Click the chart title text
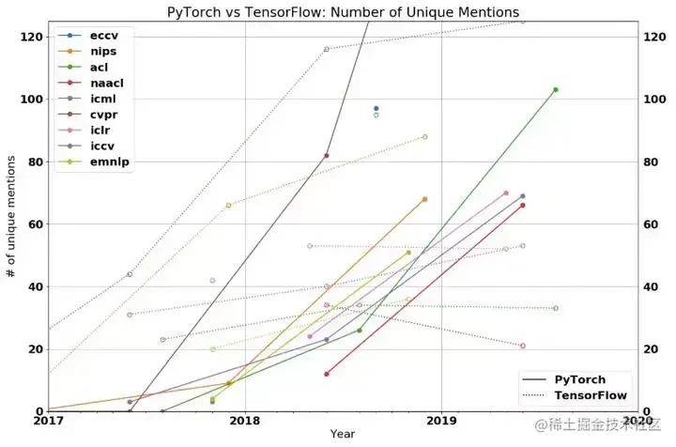343,12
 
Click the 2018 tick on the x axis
244,422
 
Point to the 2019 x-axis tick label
441,422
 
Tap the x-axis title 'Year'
343,434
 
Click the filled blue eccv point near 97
376,109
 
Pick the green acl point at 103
556,90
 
